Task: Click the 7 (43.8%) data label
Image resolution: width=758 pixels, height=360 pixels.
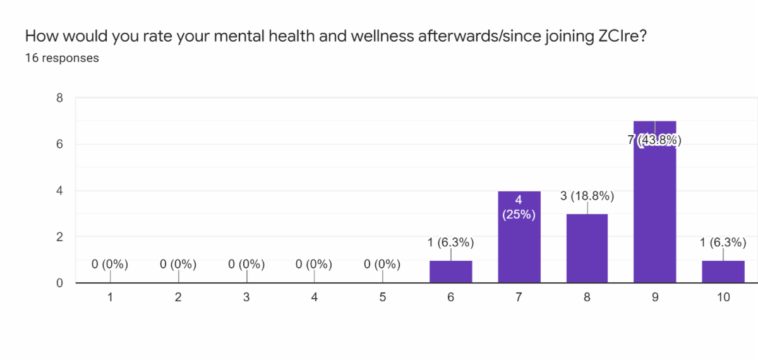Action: pos(655,141)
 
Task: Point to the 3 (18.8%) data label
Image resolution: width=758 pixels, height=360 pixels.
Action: pos(587,196)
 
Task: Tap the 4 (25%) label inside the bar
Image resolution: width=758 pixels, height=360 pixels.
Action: pos(519,208)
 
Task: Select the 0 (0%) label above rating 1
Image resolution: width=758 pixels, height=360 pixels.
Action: pos(110,265)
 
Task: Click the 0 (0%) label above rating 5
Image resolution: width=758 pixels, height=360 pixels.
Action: pos(382,265)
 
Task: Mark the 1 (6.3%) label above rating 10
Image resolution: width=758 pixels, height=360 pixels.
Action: pos(723,243)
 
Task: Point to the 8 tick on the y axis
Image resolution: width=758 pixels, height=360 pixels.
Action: pos(59,98)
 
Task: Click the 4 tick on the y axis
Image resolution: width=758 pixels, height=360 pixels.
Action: pos(59,191)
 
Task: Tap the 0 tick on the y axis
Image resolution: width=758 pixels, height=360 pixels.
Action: pos(59,283)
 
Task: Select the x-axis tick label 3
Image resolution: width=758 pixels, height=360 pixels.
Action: pos(246,296)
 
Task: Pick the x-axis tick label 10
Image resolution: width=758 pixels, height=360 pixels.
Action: pos(723,296)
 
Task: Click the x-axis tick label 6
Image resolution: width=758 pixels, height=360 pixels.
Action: pos(451,296)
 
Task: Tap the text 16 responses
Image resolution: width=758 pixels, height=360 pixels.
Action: pos(62,58)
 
